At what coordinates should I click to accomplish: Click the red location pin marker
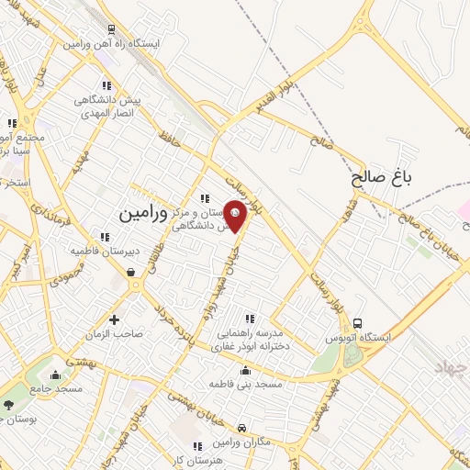pyautogui.click(x=236, y=216)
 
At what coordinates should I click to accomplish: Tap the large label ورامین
pyautogui.click(x=145, y=213)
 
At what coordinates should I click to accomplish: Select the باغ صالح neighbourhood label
pyautogui.click(x=379, y=178)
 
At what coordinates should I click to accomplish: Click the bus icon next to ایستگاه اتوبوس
pyautogui.click(x=357, y=323)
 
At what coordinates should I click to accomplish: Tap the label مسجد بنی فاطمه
pyautogui.click(x=245, y=383)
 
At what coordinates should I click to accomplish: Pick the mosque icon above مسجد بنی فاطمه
pyautogui.click(x=245, y=371)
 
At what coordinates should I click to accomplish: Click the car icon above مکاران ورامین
pyautogui.click(x=241, y=429)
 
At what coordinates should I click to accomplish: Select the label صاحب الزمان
pyautogui.click(x=114, y=334)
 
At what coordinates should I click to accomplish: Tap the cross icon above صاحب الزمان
pyautogui.click(x=114, y=320)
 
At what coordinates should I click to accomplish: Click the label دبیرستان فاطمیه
pyautogui.click(x=139, y=249)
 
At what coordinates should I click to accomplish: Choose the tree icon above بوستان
pyautogui.click(x=9, y=405)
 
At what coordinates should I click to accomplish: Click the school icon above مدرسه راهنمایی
pyautogui.click(x=249, y=319)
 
